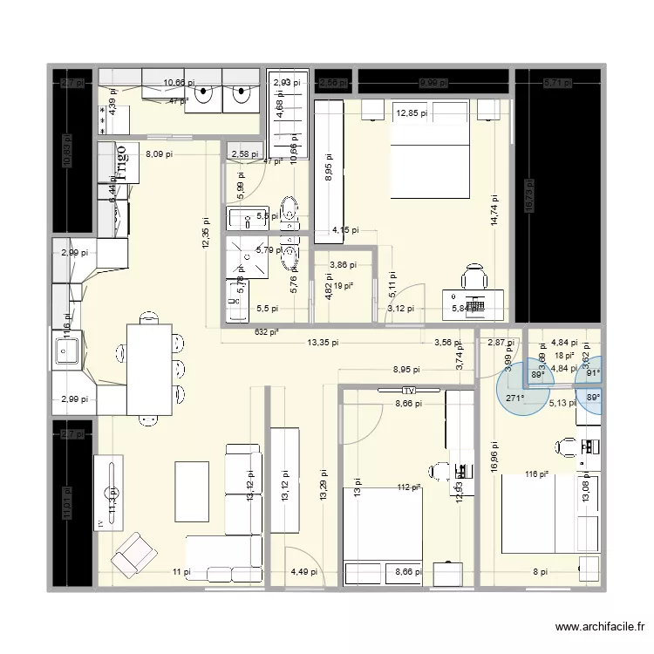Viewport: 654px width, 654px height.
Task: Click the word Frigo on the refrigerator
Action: pyautogui.click(x=123, y=162)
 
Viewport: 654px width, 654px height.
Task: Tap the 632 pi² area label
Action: pyautogui.click(x=267, y=331)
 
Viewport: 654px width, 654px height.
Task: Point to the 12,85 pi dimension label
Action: pyautogui.click(x=412, y=112)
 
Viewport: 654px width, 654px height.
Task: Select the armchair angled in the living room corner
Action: pyautogui.click(x=134, y=552)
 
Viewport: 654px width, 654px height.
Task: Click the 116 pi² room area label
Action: pyautogui.click(x=537, y=474)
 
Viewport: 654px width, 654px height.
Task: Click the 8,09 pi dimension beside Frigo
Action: pyautogui.click(x=159, y=154)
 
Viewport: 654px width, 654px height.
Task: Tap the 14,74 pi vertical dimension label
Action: pyautogui.click(x=494, y=210)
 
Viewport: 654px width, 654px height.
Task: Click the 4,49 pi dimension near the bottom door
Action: pyautogui.click(x=303, y=573)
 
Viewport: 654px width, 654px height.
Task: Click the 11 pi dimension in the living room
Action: pyautogui.click(x=180, y=572)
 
